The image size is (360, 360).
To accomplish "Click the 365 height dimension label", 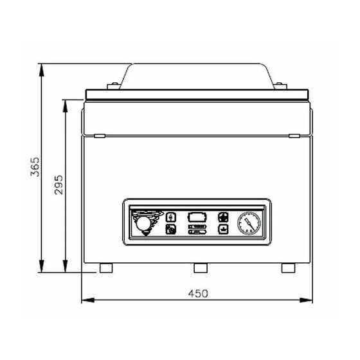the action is pyautogui.click(x=35, y=166).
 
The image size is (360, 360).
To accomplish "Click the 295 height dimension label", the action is pyautogui.click(x=59, y=185).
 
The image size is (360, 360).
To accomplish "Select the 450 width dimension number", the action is pyautogui.click(x=198, y=293).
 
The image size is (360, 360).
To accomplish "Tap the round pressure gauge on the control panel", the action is pyautogui.click(x=249, y=223).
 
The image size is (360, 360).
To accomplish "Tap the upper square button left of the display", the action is pyautogui.click(x=171, y=217).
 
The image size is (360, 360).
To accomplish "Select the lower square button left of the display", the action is pyautogui.click(x=171, y=229).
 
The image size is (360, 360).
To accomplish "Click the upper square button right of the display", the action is pyautogui.click(x=223, y=217).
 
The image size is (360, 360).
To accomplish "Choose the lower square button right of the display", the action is pyautogui.click(x=223, y=229).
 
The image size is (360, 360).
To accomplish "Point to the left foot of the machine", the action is pyautogui.click(x=106, y=268).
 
